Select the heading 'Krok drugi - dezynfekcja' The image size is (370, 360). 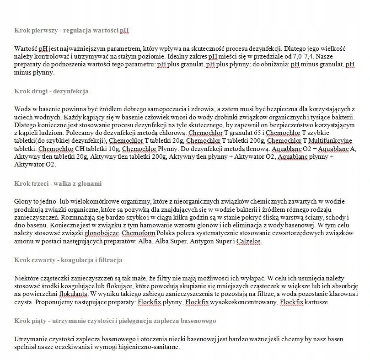pyautogui.click(x=51, y=91)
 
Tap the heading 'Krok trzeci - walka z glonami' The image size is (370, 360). pyautogui.click(x=58, y=183)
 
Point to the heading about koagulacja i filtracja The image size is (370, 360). pyautogui.click(x=68, y=260)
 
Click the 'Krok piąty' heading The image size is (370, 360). pyautogui.click(x=115, y=321)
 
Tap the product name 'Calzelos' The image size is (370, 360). pyautogui.click(x=249, y=241)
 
